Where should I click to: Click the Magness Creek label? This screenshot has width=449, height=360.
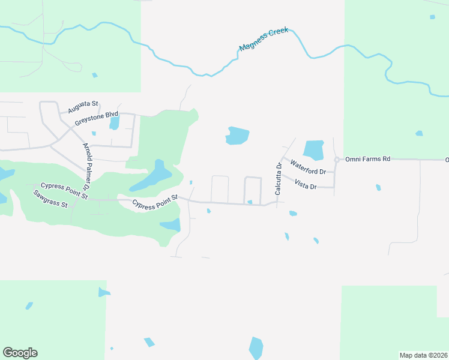point(264,39)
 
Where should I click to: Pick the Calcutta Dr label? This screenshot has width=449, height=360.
point(279,179)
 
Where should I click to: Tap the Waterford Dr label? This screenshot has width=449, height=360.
point(307,167)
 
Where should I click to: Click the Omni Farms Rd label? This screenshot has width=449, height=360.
point(367,159)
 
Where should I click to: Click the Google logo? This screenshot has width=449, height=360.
point(20,353)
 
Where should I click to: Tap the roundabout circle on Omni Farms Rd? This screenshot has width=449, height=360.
point(337,159)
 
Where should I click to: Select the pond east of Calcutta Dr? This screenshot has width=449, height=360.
point(313,150)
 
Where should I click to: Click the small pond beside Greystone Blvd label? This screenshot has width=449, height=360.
point(114,122)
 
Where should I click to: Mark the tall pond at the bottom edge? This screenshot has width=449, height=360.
point(256,348)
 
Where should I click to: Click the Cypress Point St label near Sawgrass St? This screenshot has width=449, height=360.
point(64,191)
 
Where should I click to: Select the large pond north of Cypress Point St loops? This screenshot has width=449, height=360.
point(238,136)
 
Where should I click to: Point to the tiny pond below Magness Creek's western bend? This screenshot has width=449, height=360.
point(94,75)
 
